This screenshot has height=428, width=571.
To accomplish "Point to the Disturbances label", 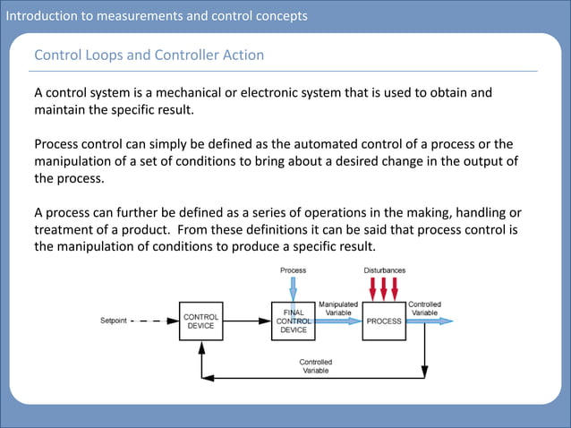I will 384,270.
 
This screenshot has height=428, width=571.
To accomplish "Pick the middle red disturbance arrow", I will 384,288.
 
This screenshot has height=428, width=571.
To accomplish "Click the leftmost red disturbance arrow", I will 373,288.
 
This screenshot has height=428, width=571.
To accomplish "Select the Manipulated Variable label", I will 338,308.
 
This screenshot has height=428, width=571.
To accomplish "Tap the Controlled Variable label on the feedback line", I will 315,366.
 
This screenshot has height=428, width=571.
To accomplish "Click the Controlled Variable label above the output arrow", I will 424,308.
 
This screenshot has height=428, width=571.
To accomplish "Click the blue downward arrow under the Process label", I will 293,288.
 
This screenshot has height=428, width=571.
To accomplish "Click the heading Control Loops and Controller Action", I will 149,56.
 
